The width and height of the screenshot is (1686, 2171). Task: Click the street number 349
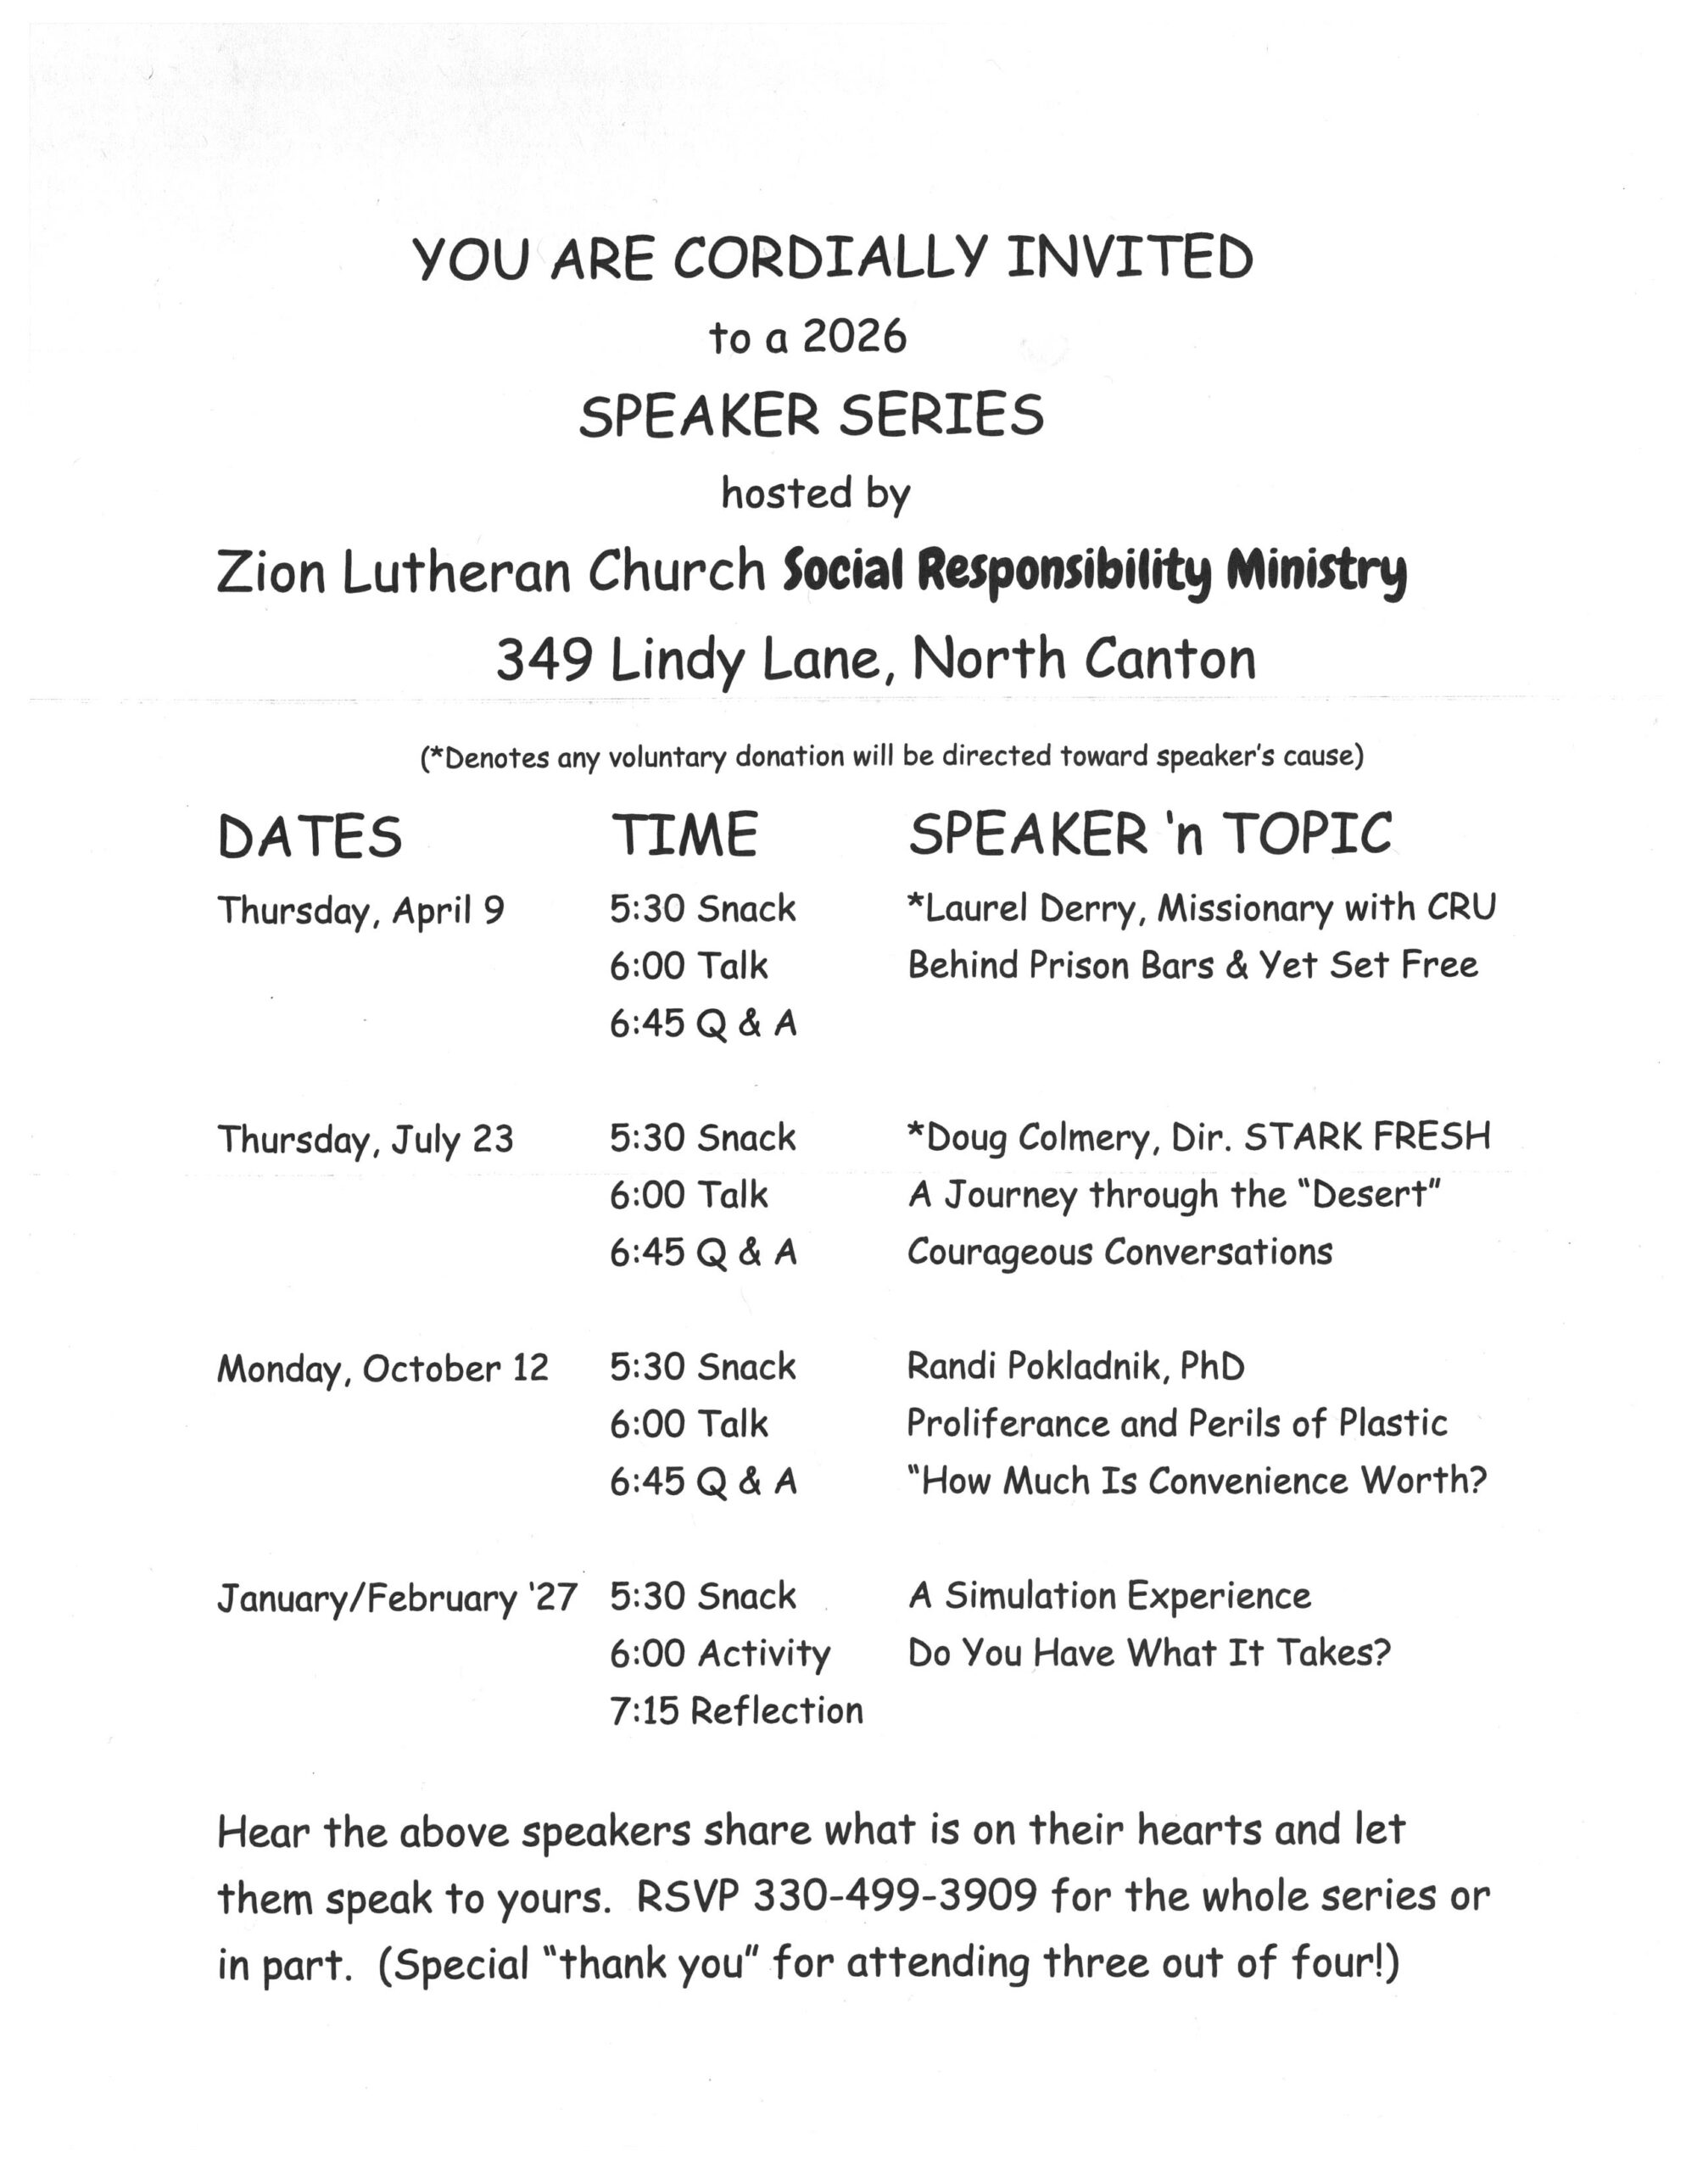(x=544, y=658)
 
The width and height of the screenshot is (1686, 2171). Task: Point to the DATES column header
(x=310, y=836)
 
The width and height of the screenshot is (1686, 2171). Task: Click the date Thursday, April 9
(x=360, y=910)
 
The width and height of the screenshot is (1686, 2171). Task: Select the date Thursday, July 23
(x=365, y=1138)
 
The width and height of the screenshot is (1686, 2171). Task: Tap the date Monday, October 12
(x=382, y=1368)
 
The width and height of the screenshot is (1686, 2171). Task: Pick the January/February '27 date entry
(x=397, y=1598)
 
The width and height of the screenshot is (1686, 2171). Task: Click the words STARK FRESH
(x=1367, y=1136)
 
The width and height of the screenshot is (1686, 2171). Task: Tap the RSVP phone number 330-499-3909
(x=895, y=1896)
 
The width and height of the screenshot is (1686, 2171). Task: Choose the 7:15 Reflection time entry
(x=735, y=1711)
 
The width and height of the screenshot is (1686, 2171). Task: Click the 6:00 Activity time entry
(x=720, y=1653)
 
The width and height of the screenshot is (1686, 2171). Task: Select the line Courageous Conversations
(x=1119, y=1252)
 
